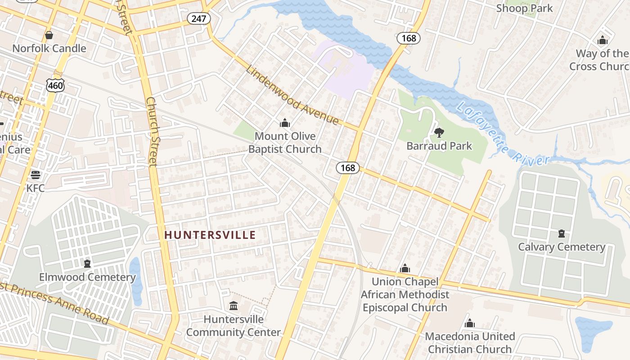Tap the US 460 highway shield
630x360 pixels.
(x=55, y=85)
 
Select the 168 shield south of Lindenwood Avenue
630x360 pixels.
(x=347, y=168)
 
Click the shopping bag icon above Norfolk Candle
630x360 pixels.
(x=49, y=35)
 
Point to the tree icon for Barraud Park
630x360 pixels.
(x=439, y=133)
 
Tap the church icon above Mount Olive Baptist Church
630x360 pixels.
(x=284, y=123)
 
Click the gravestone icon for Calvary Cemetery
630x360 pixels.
(x=561, y=234)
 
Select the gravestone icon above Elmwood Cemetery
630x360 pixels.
(x=87, y=264)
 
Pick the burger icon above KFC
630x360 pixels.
(x=35, y=175)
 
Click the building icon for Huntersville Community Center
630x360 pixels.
(x=233, y=306)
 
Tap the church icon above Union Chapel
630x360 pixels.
(x=405, y=269)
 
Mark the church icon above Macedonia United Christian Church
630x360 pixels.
(x=469, y=323)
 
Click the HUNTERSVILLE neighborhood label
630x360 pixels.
(x=210, y=235)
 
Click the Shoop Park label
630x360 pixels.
(x=524, y=8)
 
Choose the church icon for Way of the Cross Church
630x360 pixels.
(x=602, y=40)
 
